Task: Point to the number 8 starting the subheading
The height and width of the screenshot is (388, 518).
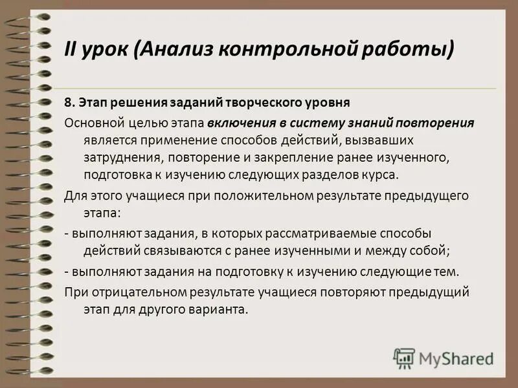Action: (x=67, y=102)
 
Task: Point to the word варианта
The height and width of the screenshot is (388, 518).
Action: (x=221, y=309)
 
